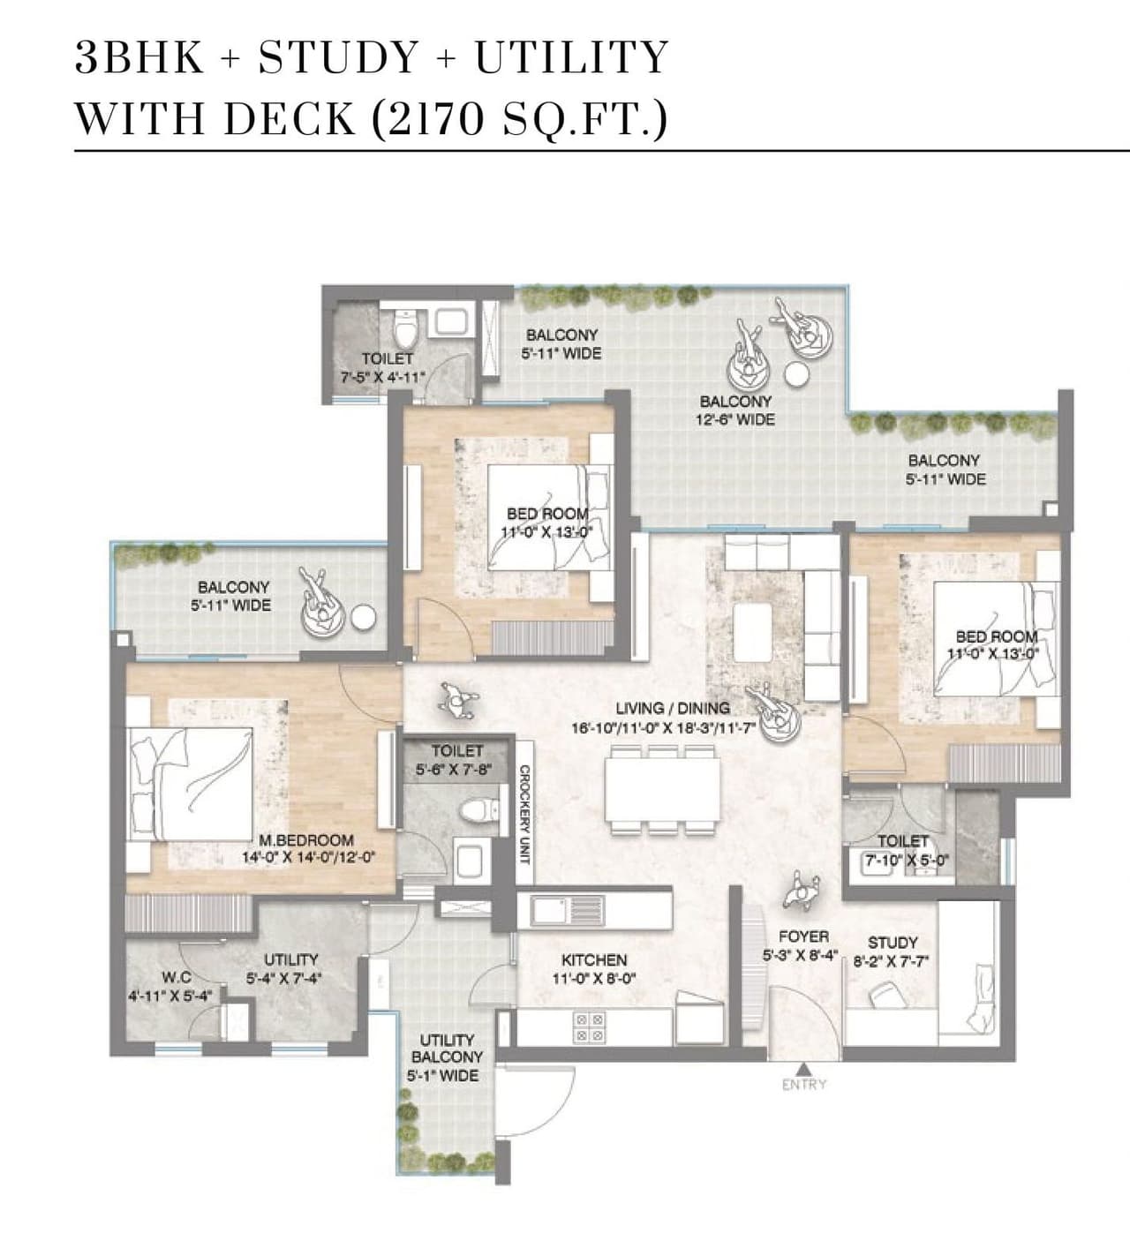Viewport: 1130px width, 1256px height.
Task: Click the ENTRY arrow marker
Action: click(803, 1069)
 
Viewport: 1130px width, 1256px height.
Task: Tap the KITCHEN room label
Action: click(594, 959)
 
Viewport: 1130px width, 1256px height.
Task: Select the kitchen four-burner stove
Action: click(589, 1026)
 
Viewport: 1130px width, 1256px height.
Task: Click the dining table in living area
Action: click(662, 792)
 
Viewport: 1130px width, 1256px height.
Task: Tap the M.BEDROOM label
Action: click(306, 840)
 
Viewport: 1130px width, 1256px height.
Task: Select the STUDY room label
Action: click(893, 943)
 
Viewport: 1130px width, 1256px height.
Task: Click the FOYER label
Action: click(803, 936)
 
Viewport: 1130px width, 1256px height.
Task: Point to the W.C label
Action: click(177, 977)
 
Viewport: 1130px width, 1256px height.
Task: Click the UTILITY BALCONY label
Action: click(447, 1049)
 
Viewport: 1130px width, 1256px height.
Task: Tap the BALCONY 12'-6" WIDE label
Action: click(735, 410)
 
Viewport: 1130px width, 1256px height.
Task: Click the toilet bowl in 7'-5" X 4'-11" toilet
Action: click(405, 331)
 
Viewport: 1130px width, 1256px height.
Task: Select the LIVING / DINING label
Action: click(673, 708)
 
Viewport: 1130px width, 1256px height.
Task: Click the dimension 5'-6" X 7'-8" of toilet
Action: click(456, 770)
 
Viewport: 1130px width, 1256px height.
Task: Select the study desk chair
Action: click(884, 997)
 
